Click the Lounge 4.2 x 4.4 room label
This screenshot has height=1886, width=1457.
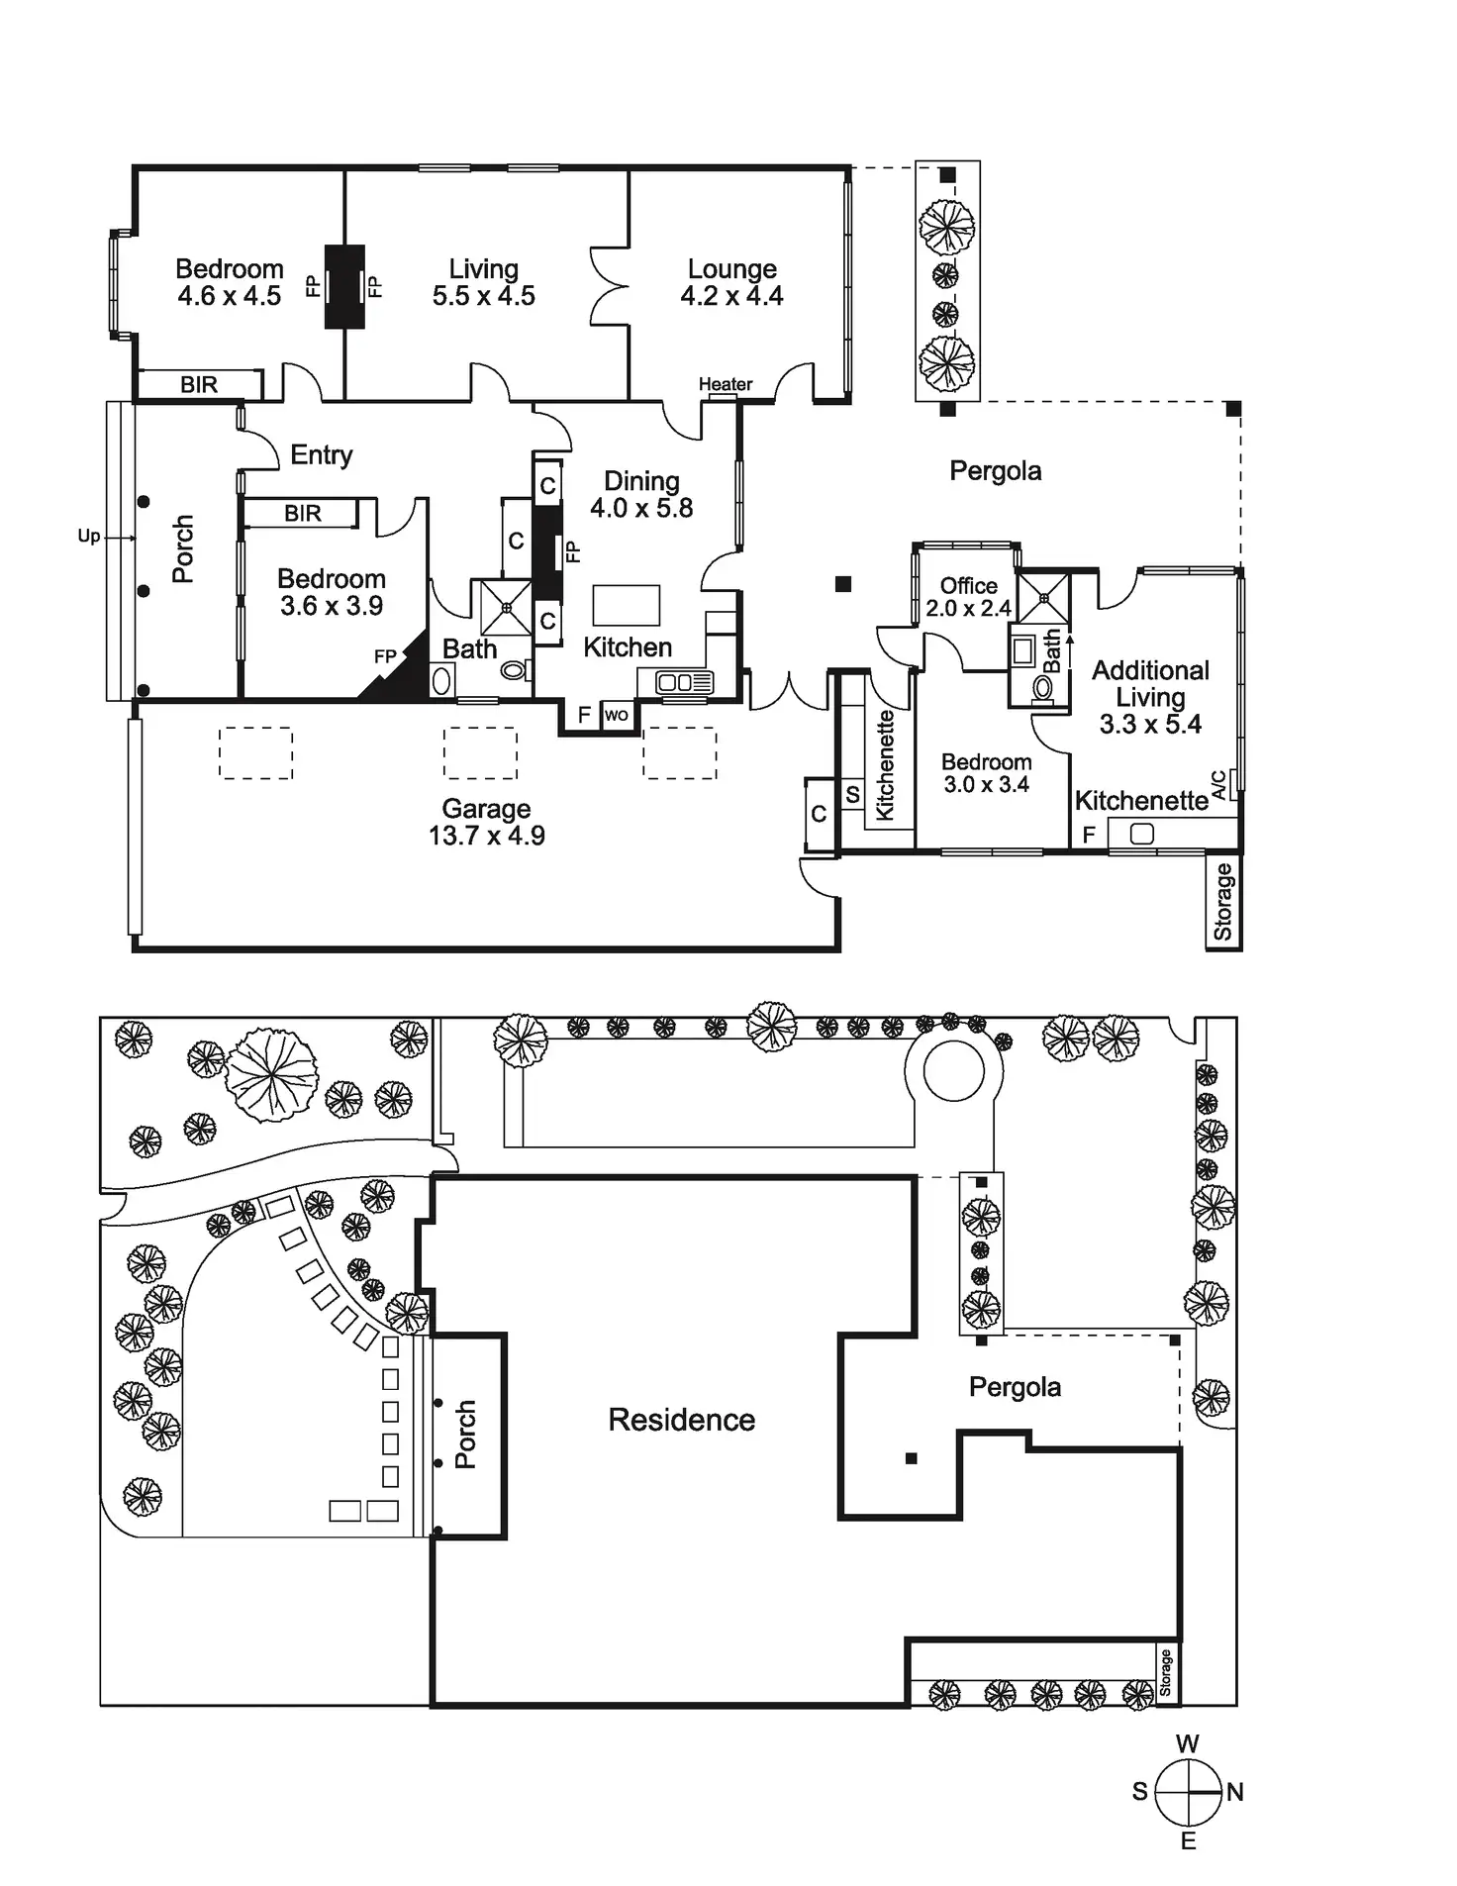point(731,282)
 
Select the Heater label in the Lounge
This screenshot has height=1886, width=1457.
point(726,384)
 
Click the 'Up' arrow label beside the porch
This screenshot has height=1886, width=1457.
point(89,537)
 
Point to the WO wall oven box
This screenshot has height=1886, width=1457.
point(616,715)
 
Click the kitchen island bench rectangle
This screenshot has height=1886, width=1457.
point(626,604)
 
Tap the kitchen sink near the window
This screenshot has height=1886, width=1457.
point(684,682)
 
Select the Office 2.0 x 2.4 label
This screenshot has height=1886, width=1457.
point(968,597)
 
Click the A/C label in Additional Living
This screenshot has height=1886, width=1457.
point(1218,784)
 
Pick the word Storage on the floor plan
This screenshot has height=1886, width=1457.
point(1223,901)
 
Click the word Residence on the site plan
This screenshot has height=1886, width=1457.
point(681,1420)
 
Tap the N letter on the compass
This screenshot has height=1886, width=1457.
point(1235,1792)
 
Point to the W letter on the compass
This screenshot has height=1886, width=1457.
point(1188,1743)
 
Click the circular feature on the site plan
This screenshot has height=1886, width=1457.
point(953,1070)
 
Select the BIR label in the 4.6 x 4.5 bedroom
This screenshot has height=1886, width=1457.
point(199,385)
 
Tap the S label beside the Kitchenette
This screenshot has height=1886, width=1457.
point(852,795)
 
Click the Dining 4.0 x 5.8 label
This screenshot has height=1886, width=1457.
point(641,494)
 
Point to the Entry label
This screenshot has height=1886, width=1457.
point(321,454)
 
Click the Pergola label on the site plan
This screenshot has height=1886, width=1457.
point(1015,1387)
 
